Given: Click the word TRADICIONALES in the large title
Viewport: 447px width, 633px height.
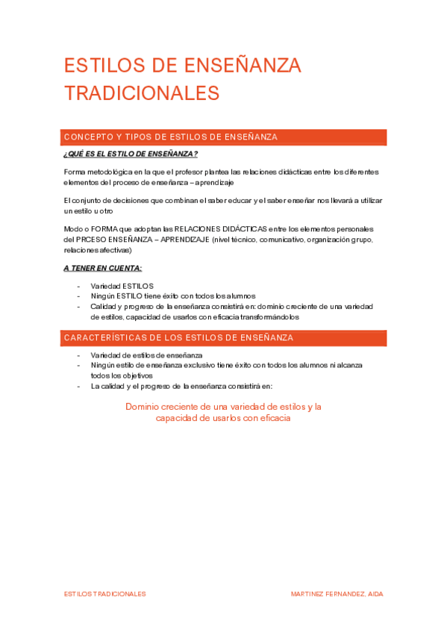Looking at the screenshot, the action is (142, 93).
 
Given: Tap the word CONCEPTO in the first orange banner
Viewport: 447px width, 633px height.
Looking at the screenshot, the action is (87, 137).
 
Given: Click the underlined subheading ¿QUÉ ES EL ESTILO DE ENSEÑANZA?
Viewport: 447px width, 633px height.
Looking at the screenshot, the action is (131, 155).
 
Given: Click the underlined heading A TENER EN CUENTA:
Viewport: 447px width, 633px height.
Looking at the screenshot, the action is (102, 268).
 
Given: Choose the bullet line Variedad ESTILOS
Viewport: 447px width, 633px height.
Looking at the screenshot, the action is (122, 286).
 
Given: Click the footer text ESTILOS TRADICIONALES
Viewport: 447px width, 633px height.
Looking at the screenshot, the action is (105, 593).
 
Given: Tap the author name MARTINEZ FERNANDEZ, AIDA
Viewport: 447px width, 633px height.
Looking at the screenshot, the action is (337, 593).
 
